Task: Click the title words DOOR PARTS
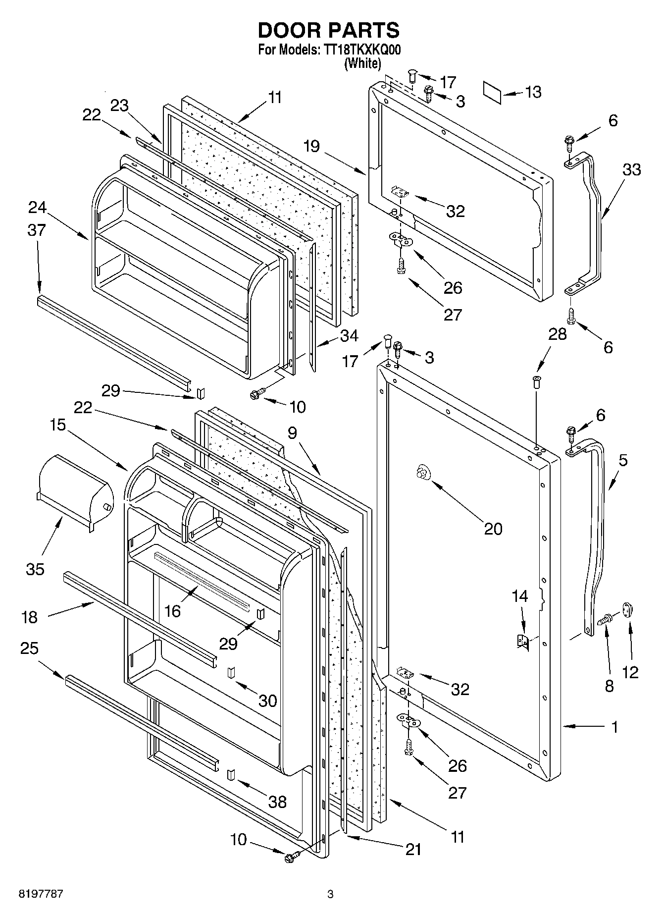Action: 329,31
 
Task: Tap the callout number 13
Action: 533,92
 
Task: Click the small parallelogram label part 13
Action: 492,93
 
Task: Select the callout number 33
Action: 631,169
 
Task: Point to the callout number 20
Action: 493,529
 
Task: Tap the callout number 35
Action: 35,569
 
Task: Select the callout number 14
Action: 519,596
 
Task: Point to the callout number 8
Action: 609,686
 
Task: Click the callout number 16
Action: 172,611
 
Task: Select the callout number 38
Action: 277,802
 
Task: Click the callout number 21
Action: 413,849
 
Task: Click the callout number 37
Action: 37,230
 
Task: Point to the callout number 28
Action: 557,334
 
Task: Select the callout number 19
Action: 312,147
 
